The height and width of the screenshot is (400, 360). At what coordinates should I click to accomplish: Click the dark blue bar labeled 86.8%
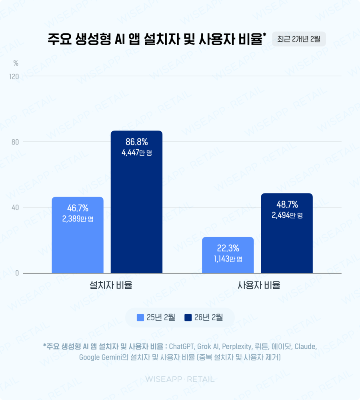tap(136, 208)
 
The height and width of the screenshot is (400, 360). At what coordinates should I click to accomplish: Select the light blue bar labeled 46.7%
tap(78, 240)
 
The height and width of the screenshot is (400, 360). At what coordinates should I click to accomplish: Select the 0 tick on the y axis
tap(18, 273)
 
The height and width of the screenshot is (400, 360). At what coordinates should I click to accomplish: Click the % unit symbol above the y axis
tap(16, 63)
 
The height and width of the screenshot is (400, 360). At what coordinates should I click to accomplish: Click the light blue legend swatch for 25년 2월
tap(140, 318)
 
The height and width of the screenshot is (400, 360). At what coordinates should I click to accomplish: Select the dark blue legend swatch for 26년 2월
tap(188, 318)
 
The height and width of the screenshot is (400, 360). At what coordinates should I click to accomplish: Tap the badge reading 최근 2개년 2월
tap(299, 39)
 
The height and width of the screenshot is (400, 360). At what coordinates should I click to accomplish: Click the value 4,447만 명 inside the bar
tap(136, 153)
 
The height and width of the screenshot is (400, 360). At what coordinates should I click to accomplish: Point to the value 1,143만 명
tap(228, 259)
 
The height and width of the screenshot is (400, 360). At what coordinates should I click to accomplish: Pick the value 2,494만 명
tap(287, 215)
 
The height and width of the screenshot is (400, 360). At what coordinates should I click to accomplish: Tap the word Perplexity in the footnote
tap(236, 346)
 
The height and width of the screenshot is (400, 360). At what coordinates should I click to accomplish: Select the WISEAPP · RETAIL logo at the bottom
tap(180, 379)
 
